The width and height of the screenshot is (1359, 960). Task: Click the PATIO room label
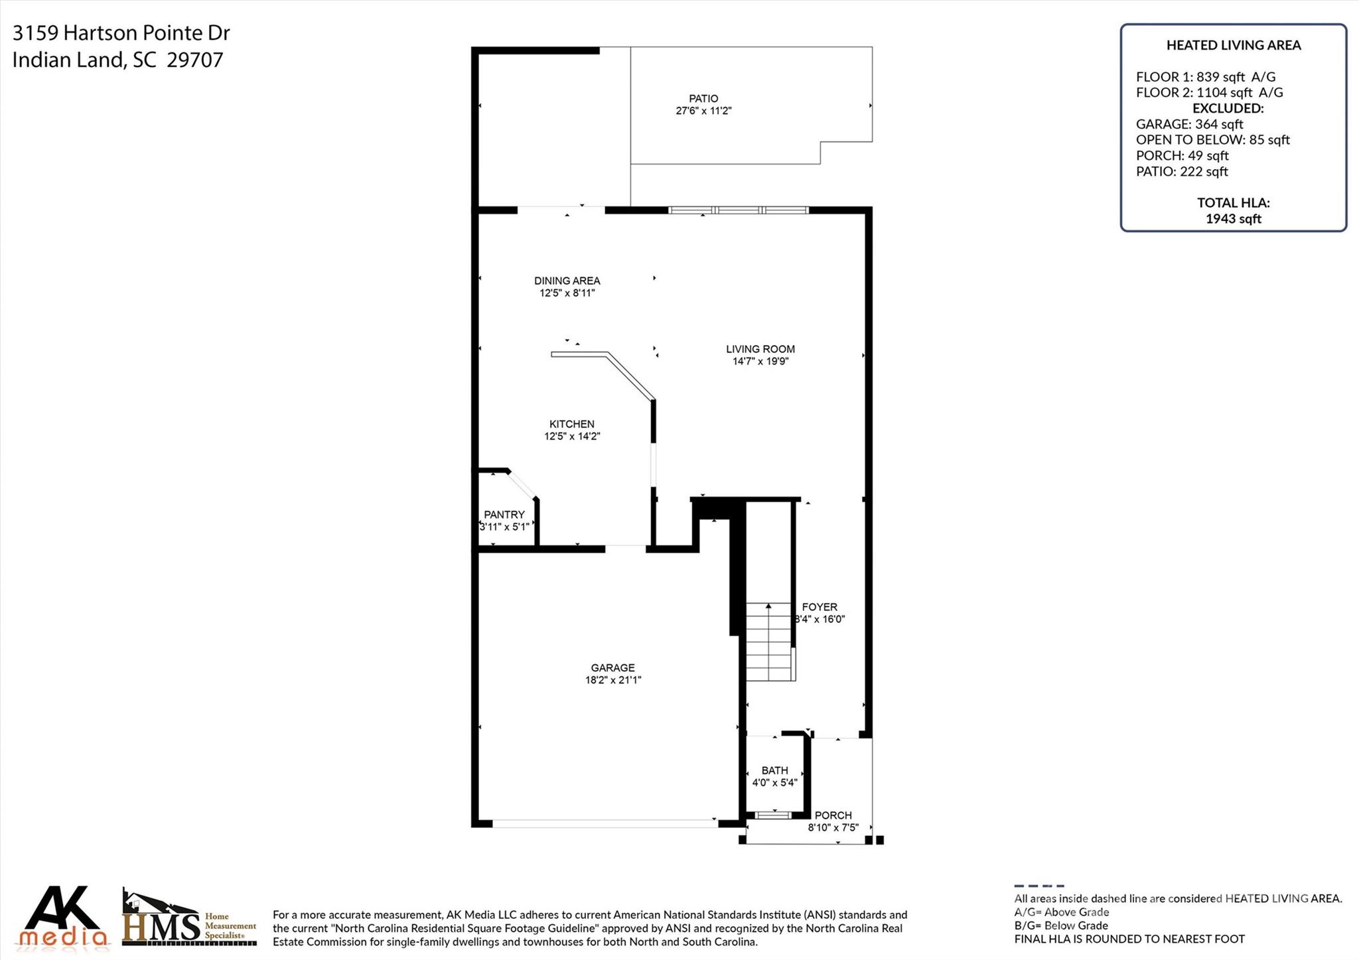click(703, 99)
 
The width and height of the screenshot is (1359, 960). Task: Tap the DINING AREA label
click(567, 281)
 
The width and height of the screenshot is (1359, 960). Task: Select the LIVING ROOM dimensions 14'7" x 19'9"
click(760, 362)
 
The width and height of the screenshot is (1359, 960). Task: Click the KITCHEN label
click(571, 424)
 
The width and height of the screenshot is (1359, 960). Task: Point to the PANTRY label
click(504, 514)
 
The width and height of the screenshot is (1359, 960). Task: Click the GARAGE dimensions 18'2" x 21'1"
click(612, 680)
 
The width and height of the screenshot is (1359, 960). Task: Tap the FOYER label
click(820, 607)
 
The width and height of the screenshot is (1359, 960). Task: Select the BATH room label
click(774, 770)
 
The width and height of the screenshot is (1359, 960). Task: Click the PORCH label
click(833, 815)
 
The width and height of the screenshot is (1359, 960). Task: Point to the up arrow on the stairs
click(768, 606)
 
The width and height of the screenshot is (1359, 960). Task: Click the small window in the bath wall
click(774, 815)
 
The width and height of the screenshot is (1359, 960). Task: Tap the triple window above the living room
click(738, 210)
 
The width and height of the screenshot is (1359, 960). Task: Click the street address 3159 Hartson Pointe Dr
click(121, 33)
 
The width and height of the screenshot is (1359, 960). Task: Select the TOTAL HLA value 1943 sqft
click(1233, 219)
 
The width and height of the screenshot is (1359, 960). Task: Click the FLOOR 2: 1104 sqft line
click(1209, 93)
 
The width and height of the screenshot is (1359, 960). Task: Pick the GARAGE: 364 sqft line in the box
click(1189, 124)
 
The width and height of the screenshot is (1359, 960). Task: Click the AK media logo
click(64, 917)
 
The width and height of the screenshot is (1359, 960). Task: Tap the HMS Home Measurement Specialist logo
click(190, 920)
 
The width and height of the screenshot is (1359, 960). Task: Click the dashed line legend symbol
click(1038, 886)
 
